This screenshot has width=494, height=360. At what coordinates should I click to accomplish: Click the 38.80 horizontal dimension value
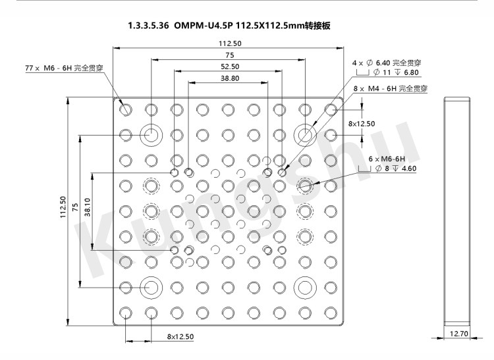pyautogui.click(x=230, y=78)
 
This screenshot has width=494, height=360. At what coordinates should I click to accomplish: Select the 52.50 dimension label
pyautogui.click(x=230, y=66)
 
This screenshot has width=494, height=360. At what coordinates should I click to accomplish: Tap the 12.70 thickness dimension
pyautogui.click(x=458, y=334)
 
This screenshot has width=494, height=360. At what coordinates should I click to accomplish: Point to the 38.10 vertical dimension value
pyautogui.click(x=88, y=207)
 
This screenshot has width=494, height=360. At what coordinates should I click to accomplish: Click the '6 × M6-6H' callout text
pyautogui.click(x=387, y=159)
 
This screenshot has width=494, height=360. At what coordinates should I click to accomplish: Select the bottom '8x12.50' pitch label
pyautogui.click(x=180, y=337)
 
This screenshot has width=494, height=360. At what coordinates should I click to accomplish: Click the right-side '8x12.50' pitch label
pyautogui.click(x=362, y=124)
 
